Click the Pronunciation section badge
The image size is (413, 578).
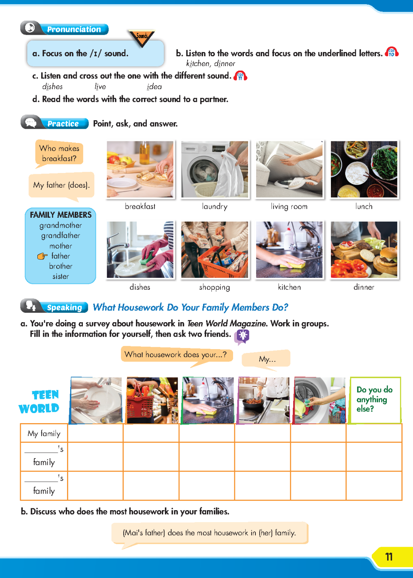click(x=64, y=29)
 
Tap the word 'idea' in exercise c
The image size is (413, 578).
click(x=154, y=87)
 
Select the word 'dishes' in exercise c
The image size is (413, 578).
click(x=52, y=87)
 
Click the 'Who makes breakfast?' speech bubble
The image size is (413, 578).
click(x=59, y=153)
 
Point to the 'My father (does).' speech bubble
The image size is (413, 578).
click(x=61, y=185)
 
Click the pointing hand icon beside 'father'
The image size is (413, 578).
click(x=42, y=256)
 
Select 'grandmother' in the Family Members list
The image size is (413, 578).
click(x=60, y=225)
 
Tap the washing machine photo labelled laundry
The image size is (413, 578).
click(x=215, y=169)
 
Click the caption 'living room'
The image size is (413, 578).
click(x=289, y=207)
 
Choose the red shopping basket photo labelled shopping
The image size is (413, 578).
click(x=215, y=250)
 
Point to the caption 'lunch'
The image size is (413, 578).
click(x=364, y=207)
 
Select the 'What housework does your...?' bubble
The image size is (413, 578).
click(x=176, y=355)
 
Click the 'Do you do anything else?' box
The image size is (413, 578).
click(x=375, y=400)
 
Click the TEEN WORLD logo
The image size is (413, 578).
click(x=40, y=402)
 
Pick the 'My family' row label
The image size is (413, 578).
click(x=44, y=434)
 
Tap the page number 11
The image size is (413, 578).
click(x=389, y=557)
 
